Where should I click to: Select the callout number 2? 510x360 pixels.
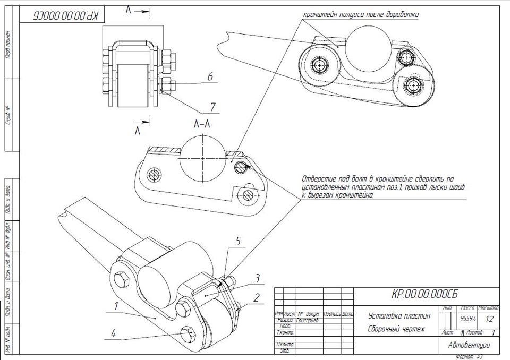click(257, 297)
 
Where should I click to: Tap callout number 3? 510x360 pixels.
click(257, 278)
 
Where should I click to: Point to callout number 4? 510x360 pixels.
click(113, 333)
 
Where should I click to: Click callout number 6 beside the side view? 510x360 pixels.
click(210, 78)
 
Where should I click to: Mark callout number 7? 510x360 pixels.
click(212, 107)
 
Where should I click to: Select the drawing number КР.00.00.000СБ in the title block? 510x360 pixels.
click(425, 294)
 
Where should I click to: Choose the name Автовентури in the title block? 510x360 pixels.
click(469, 345)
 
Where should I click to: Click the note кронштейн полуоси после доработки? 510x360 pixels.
click(361, 15)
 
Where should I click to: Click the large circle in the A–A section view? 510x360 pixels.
click(203, 158)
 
